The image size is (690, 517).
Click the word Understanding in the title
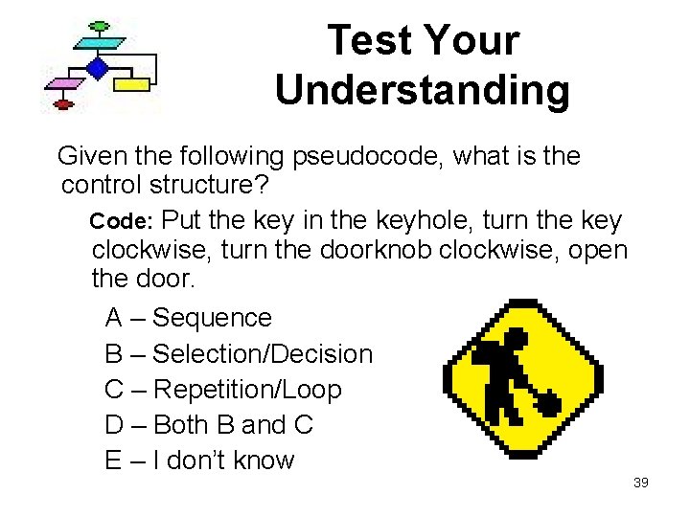(422, 91)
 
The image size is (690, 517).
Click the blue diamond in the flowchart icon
(96, 67)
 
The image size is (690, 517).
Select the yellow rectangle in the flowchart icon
(137, 84)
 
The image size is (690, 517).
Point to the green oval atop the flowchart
(98, 25)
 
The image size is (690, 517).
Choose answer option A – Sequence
(189, 317)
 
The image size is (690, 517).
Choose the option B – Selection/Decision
(239, 353)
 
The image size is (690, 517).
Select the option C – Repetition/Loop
(223, 390)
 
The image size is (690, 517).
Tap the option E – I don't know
(199, 461)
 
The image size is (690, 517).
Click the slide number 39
(641, 483)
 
